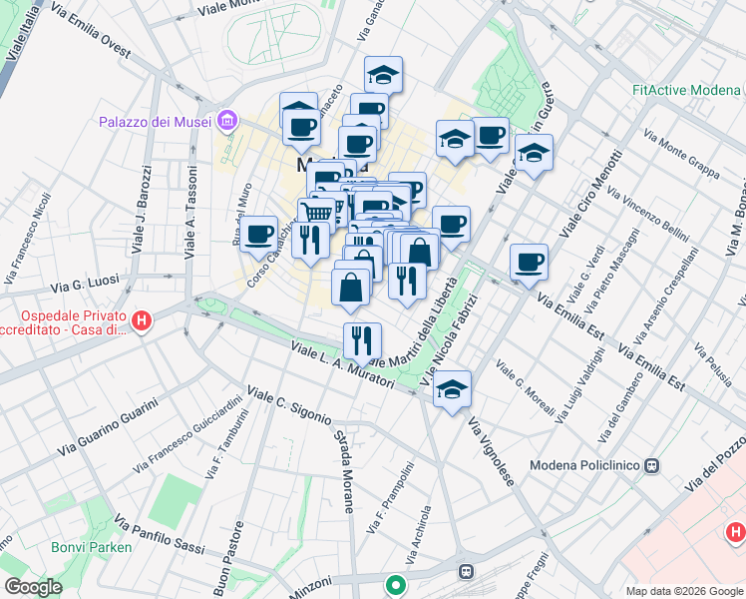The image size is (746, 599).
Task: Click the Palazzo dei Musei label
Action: (x=154, y=123)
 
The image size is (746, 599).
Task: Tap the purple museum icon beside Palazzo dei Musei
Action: (x=228, y=122)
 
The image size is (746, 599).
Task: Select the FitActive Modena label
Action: (x=685, y=90)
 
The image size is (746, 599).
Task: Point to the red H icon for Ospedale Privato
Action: (x=143, y=320)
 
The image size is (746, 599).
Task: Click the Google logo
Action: (x=33, y=587)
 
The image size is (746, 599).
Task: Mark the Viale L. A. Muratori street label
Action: (x=342, y=365)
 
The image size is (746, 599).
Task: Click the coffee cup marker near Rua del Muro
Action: (x=259, y=235)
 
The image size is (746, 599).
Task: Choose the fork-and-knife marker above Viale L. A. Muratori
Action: (x=362, y=340)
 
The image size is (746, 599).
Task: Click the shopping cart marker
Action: (x=316, y=214)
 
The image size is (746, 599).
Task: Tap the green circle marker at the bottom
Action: (x=396, y=585)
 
